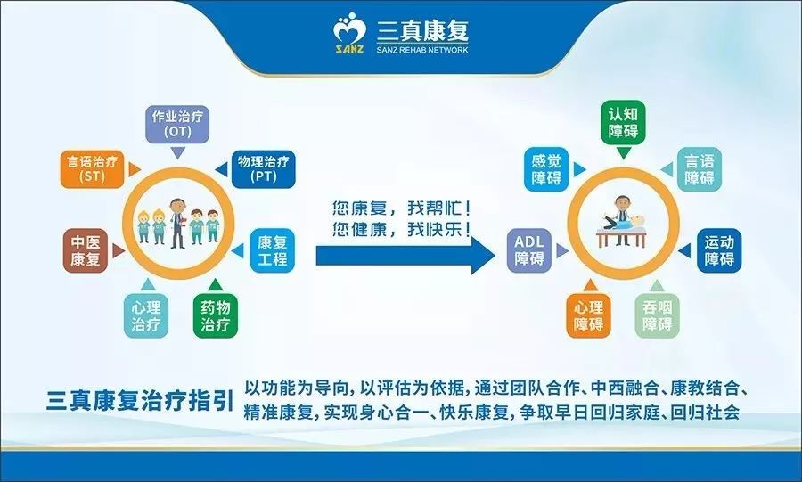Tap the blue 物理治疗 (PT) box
(x=262, y=169)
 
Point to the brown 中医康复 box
(x=86, y=250)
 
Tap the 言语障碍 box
(x=699, y=169)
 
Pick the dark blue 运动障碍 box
(x=718, y=250)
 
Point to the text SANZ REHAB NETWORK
(x=421, y=50)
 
